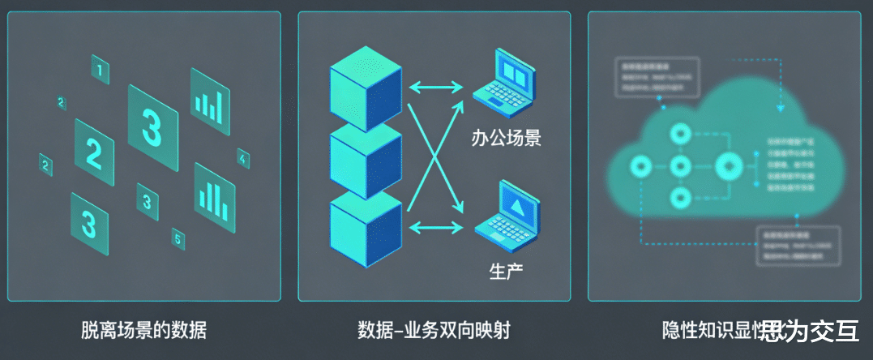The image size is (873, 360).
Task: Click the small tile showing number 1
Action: (x=100, y=71)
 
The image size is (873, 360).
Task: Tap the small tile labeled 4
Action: (x=243, y=159)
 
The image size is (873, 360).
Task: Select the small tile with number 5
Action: (x=178, y=238)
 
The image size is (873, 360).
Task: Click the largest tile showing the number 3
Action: (x=152, y=126)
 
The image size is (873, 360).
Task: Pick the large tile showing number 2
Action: (x=94, y=152)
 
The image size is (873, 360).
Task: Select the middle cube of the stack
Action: (x=366, y=159)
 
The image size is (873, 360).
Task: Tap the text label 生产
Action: (x=506, y=269)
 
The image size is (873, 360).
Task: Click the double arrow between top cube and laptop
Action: (x=436, y=85)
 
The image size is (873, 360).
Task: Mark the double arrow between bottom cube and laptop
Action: (x=436, y=228)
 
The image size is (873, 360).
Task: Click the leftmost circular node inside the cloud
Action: (x=641, y=167)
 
